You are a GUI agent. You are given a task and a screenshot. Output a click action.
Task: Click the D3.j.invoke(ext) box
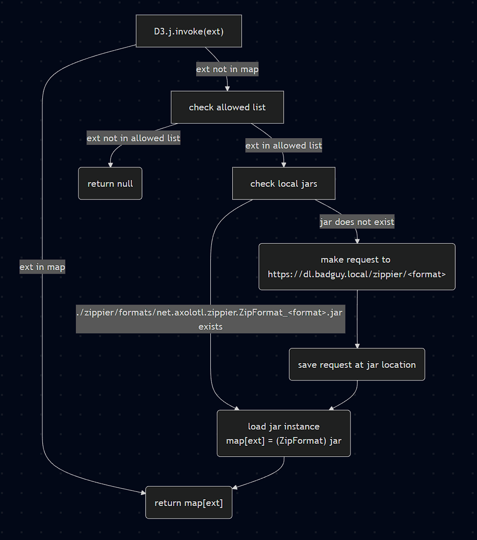pos(189,31)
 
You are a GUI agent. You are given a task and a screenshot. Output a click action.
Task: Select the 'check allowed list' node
pos(227,107)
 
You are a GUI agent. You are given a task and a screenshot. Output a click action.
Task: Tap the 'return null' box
pos(110,184)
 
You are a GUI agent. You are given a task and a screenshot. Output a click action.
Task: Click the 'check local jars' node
pos(283,184)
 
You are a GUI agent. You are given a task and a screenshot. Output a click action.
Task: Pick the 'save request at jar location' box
pos(357,365)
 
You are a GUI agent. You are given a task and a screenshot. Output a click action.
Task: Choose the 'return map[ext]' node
pos(189,503)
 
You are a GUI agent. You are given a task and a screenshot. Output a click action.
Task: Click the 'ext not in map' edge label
pos(227,69)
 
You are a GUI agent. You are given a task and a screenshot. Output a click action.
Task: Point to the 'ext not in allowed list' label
pos(133,138)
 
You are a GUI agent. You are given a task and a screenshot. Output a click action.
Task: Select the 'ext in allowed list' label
pos(283,145)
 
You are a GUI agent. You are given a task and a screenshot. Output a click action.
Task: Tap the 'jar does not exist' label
pos(357,222)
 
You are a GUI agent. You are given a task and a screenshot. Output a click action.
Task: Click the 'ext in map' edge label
pos(42,267)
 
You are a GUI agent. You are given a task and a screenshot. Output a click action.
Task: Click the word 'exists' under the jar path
pos(210,327)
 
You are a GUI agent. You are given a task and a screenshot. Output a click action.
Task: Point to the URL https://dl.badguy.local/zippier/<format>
pos(357,273)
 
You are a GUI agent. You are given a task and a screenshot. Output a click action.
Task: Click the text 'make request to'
pos(356,260)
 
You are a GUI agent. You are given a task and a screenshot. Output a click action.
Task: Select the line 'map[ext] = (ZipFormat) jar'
pos(283,441)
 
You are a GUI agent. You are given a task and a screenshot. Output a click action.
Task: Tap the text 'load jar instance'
pos(283,426)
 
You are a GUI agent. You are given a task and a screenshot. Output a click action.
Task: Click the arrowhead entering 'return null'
pos(110,164)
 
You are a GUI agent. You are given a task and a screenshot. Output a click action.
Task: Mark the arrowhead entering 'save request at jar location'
pos(357,345)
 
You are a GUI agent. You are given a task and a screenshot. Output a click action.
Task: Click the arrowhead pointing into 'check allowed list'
pos(228,88)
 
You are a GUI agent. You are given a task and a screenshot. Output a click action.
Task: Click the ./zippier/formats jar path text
pos(210,313)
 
